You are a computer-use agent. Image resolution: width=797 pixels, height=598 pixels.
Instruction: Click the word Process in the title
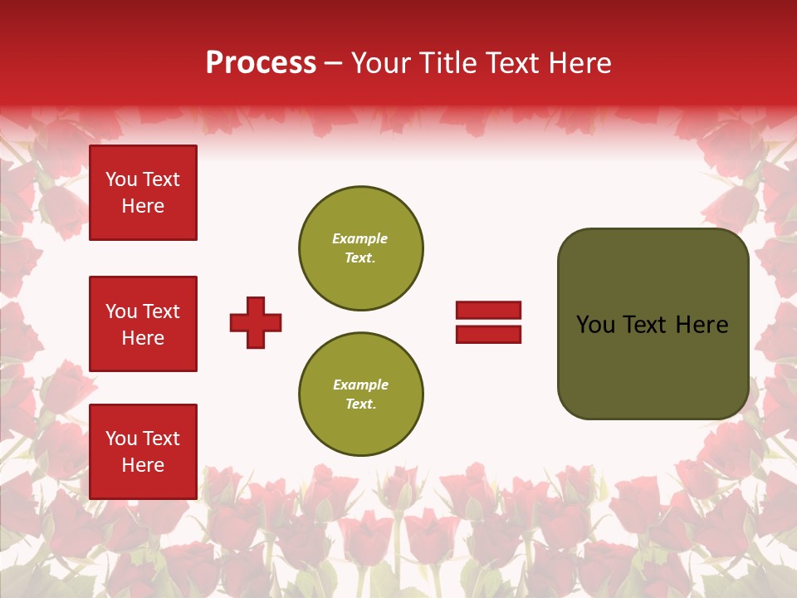pos(261,63)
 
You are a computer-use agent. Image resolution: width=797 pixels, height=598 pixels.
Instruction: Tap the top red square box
pos(143,193)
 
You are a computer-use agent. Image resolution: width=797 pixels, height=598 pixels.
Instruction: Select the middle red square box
pos(143,324)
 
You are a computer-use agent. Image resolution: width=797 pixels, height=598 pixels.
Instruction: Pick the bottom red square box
pos(143,452)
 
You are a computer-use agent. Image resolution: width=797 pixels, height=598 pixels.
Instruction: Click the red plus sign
pos(256,322)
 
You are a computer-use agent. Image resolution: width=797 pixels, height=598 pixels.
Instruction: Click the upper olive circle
pos(360,248)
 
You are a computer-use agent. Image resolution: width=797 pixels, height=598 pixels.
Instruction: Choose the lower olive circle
pos(360,395)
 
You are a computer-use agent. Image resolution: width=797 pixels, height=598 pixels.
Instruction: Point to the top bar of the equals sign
pos(488,311)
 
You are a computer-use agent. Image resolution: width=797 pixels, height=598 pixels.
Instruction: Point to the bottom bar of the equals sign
pos(488,334)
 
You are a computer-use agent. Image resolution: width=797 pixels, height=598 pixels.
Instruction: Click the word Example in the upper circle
pos(359,238)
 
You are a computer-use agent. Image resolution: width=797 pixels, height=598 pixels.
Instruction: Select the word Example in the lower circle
pos(360,385)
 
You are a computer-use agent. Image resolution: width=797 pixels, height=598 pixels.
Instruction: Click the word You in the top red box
pos(120,179)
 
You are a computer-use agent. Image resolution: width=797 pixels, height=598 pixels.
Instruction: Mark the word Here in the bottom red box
pos(143,465)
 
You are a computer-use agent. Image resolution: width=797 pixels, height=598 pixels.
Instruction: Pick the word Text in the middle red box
pos(160,311)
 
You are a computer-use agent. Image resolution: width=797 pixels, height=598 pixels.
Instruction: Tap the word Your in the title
pos(379,63)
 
